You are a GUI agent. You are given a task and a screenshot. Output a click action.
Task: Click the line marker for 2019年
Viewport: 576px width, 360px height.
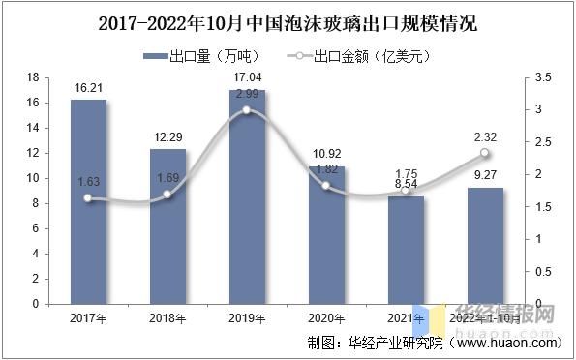[247, 110]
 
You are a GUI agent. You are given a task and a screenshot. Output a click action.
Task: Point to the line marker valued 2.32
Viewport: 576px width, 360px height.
[485, 153]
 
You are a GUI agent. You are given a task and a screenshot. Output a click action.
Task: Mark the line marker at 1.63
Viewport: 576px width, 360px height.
[88, 198]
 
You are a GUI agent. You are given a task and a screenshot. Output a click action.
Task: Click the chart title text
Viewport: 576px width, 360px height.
[288, 21]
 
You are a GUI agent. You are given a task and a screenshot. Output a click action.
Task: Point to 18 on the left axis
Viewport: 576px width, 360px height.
[33, 77]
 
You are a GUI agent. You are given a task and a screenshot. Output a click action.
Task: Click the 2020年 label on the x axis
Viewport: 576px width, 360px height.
[326, 317]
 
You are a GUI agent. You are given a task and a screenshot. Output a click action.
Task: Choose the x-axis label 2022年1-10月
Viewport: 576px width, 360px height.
[485, 317]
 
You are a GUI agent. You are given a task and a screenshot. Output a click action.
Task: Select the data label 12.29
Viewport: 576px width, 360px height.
[167, 136]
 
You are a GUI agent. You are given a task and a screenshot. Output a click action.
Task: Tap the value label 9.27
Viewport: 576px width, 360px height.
[485, 175]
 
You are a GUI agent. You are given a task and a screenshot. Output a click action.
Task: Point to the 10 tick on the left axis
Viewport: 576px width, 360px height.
[33, 178]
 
